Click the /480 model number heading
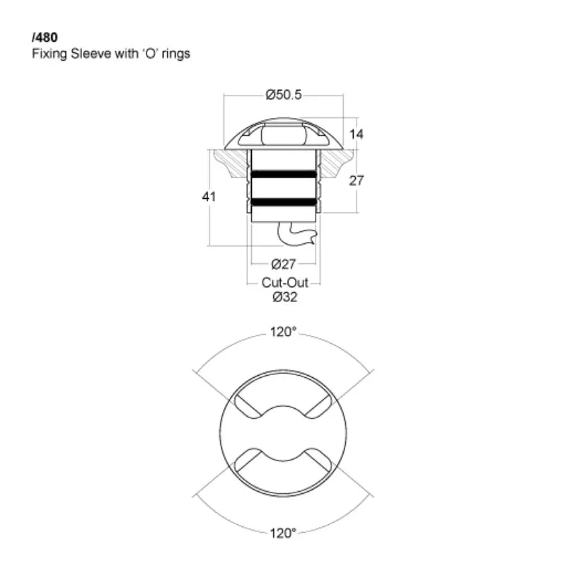click(x=45, y=37)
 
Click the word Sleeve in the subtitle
click(x=91, y=54)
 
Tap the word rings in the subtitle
click(x=175, y=54)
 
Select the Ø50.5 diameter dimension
click(x=284, y=95)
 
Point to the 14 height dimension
click(x=356, y=134)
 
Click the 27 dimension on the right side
click(x=356, y=180)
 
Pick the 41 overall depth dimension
click(x=209, y=197)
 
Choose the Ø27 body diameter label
click(x=284, y=264)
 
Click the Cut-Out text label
click(x=285, y=282)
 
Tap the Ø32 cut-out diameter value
click(x=285, y=297)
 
